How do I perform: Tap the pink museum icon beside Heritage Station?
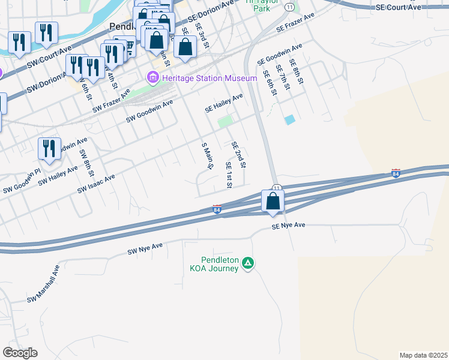(x=152, y=77)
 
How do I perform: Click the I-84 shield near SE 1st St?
(x=217, y=209)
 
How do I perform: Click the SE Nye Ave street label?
(x=289, y=226)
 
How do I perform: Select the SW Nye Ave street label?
(x=145, y=248)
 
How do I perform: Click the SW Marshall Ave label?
(x=43, y=284)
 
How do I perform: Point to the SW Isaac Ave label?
(x=96, y=184)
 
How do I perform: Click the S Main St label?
(x=207, y=156)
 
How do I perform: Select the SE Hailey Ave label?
(x=224, y=103)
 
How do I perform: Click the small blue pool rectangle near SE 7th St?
(x=290, y=119)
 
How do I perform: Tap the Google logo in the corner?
(x=20, y=353)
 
